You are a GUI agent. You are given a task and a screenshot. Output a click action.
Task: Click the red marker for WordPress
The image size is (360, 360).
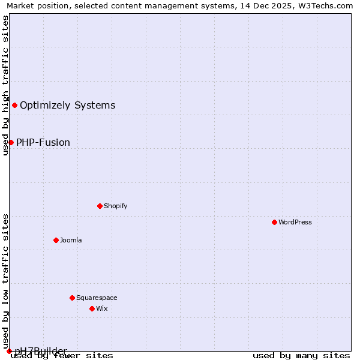(x=274, y=222)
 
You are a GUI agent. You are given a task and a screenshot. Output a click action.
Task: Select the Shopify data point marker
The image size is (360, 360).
(x=100, y=206)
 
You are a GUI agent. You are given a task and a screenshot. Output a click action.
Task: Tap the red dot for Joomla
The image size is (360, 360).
(x=56, y=240)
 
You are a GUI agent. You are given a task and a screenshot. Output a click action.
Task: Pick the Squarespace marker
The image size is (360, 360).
(x=72, y=298)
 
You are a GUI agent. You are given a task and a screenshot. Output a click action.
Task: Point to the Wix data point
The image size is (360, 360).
(x=92, y=308)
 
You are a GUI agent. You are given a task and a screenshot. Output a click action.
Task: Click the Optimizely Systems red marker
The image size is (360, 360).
(x=14, y=106)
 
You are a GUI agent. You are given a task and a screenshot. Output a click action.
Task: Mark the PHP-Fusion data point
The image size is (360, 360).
(x=11, y=142)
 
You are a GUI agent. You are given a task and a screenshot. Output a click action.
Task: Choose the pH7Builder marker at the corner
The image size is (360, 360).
(x=9, y=351)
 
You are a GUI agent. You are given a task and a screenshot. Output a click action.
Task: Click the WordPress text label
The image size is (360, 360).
(x=295, y=222)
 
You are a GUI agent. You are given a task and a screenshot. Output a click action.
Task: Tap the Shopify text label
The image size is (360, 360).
(x=116, y=206)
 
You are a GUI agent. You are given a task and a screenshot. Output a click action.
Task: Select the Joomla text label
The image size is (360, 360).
(x=71, y=240)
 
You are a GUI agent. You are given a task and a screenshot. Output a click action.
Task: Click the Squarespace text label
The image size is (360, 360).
(x=97, y=298)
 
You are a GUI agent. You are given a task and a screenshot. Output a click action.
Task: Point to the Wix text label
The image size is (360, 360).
(x=102, y=308)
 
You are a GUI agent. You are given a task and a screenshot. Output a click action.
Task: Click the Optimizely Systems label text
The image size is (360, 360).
(x=68, y=106)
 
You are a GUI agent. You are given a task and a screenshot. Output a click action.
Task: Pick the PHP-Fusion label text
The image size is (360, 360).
(x=43, y=142)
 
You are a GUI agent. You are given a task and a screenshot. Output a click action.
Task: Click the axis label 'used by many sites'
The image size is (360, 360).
(x=301, y=356)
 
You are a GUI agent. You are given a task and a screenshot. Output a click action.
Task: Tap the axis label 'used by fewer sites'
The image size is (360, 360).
(x=62, y=356)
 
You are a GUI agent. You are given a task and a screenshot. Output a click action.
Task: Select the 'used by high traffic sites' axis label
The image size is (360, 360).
(x=5, y=85)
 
